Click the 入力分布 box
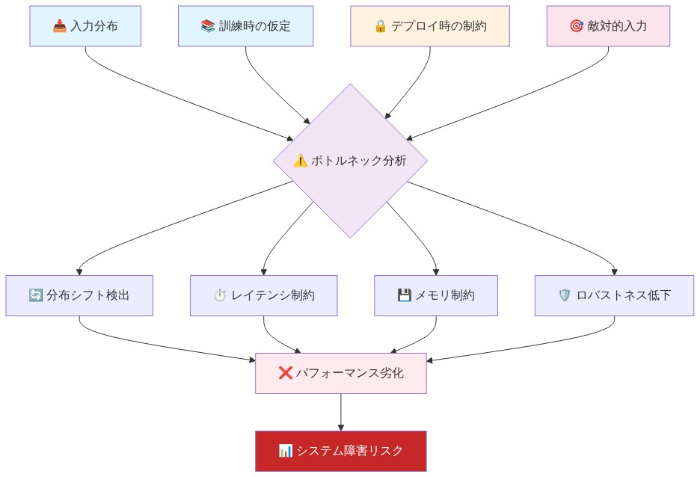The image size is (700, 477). click(x=85, y=26)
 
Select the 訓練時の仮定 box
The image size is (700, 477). click(x=245, y=26)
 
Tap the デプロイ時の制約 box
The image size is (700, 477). click(x=430, y=26)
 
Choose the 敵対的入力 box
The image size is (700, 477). click(x=608, y=26)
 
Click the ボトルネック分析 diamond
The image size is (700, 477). click(x=350, y=161)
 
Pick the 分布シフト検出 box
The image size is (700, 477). click(x=79, y=295)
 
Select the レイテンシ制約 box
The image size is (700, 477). click(x=263, y=295)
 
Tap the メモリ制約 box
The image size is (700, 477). click(x=436, y=295)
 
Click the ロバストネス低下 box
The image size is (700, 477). click(x=614, y=295)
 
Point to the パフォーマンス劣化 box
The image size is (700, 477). click(x=341, y=373)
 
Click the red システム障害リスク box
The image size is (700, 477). click(x=341, y=451)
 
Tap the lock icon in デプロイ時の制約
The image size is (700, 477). click(x=380, y=27)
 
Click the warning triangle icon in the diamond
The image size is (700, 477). click(x=301, y=161)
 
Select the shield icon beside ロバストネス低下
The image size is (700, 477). click(x=565, y=295)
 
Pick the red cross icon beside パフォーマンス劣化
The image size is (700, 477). click(x=285, y=373)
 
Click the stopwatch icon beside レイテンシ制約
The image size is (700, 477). click(x=220, y=295)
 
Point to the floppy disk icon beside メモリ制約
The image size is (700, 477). click(x=405, y=295)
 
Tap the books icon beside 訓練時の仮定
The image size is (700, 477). click(x=208, y=27)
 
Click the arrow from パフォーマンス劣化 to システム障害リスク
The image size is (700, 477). click(x=341, y=412)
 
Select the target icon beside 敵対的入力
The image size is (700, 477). click(x=576, y=27)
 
